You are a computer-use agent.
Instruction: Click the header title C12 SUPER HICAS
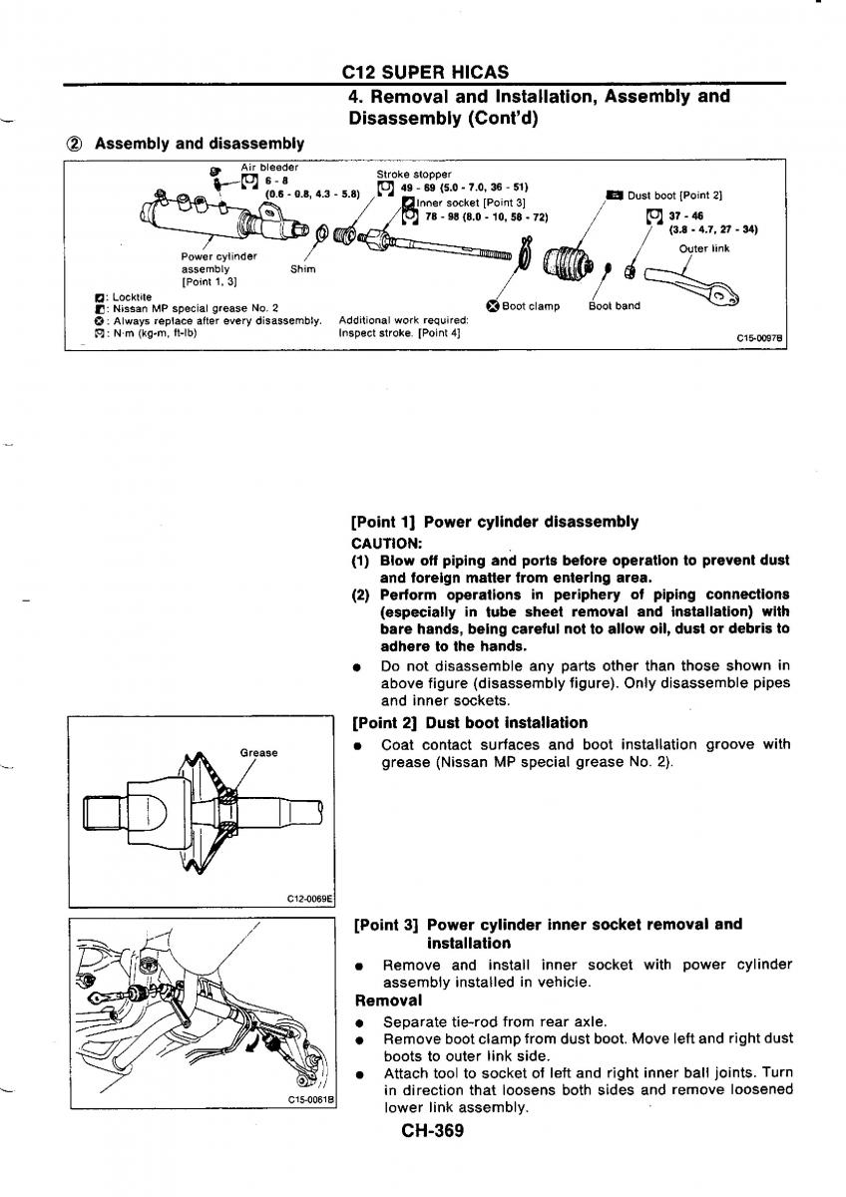tap(425, 72)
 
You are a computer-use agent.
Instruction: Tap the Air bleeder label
tap(269, 167)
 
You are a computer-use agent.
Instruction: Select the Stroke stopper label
tap(413, 174)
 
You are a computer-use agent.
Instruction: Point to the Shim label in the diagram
tap(302, 268)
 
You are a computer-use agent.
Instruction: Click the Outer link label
tap(704, 248)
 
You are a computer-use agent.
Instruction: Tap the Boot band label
tap(615, 306)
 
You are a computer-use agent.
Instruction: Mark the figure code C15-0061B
tap(309, 1100)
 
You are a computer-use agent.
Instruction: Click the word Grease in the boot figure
tap(259, 752)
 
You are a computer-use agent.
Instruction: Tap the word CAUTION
tap(387, 543)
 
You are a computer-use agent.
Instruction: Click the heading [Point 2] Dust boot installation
tap(470, 722)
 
